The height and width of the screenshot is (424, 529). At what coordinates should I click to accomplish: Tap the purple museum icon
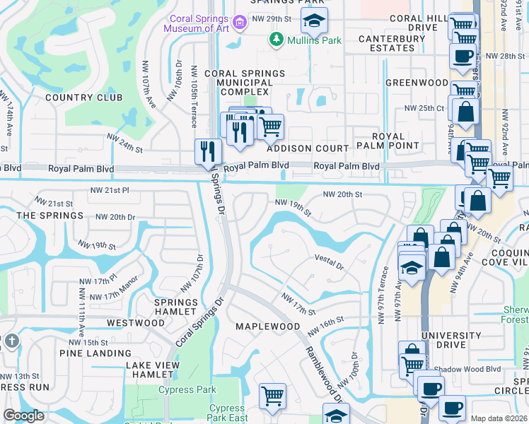240,23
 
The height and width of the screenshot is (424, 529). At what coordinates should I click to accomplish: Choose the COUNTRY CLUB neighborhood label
83,98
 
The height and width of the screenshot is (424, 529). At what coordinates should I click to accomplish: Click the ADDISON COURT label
308,149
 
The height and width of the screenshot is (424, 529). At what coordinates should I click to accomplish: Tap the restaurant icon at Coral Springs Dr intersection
209,151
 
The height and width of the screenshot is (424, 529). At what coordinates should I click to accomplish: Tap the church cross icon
11,341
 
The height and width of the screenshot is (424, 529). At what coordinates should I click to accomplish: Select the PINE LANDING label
95,353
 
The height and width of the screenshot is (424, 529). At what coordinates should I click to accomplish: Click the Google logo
23,416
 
